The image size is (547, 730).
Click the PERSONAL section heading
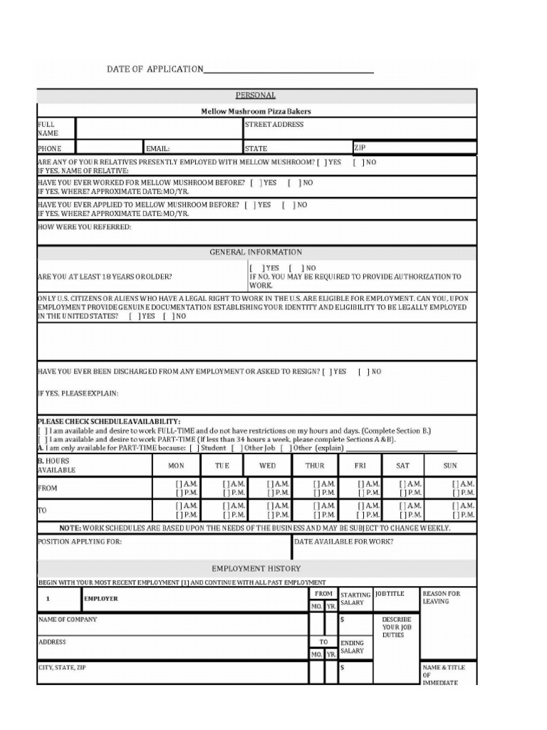coord(256,96)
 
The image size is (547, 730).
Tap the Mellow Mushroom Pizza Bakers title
coord(256,111)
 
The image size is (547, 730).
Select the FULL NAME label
coord(47,128)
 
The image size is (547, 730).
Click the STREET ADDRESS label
coord(274,125)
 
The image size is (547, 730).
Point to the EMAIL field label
coord(158,149)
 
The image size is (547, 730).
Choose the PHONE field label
coord(49,149)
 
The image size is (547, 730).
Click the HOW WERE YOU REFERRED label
coord(84,227)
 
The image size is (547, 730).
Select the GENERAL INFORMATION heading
coord(256,252)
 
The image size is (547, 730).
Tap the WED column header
coord(268,466)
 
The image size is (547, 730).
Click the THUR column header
coord(315,466)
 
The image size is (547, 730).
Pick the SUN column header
coord(450,466)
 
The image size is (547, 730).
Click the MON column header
coord(176,466)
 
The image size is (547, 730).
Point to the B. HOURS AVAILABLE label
coord(56,466)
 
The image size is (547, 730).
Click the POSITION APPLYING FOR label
coord(79,542)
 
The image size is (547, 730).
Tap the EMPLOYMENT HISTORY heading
coord(256,568)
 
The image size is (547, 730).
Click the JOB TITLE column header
coord(390,593)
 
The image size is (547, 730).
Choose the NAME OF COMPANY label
coord(68,620)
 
